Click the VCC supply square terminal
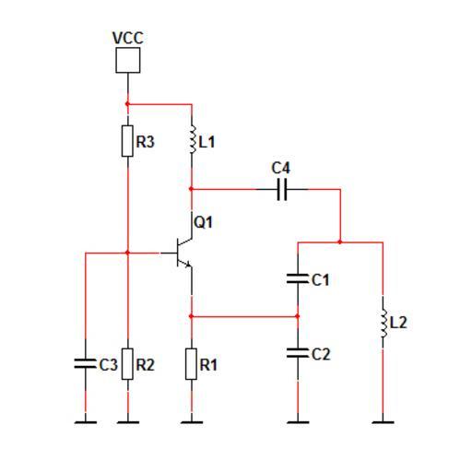pos(128,60)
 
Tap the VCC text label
pos(128,38)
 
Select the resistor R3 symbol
pos(127,141)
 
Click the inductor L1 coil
pos(193,139)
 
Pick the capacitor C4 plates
pos(282,189)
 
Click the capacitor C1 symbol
pos(298,278)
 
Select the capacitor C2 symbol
pos(298,353)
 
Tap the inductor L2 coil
pos(383,323)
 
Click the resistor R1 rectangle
pos(191,364)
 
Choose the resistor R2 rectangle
pos(127,364)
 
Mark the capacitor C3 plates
pos(86,363)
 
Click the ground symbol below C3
pos(86,422)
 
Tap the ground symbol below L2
pos(383,422)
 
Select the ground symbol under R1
pos(192,422)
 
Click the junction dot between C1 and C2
pos(297,316)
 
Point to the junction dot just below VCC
pos(127,104)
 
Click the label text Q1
pos(203,222)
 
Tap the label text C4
pos(280,168)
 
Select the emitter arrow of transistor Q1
pos(188,264)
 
